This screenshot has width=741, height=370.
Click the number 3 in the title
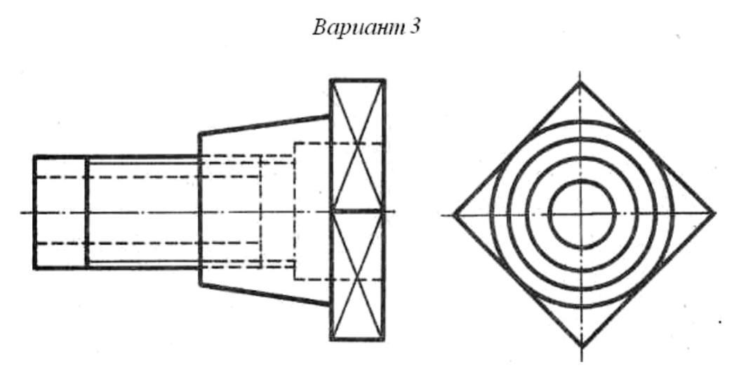[415, 29]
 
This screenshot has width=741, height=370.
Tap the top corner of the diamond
[580, 82]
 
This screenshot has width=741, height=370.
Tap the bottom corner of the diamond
[580, 346]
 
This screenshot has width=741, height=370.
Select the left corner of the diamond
[453, 213]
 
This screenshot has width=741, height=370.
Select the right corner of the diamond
[714, 213]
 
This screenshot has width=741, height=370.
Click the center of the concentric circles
[581, 213]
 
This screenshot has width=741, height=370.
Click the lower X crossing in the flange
[357, 281]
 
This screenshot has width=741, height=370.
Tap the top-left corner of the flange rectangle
[331, 81]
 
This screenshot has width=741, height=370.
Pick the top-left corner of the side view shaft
[34, 157]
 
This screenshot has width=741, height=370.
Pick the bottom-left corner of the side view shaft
[34, 267]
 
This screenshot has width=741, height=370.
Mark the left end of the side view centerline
[21, 212]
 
